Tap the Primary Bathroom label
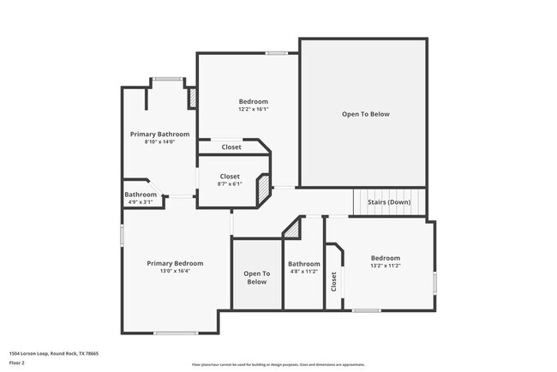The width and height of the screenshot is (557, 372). tap(159, 134)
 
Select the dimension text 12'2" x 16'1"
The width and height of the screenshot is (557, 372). tap(253, 110)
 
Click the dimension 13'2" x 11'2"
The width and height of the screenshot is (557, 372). tap(385, 267)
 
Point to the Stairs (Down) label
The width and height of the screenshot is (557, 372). tap(389, 202)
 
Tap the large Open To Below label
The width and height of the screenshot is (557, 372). tap(365, 114)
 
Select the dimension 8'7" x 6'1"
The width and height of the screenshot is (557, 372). tap(230, 184)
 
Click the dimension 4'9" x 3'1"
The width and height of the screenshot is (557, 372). tap(141, 202)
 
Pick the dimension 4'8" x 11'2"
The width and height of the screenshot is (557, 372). tap(303, 272)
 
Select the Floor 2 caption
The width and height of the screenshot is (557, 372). tap(18, 363)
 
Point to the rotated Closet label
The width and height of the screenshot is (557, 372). tap(334, 280)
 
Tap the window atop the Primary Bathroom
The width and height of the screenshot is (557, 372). tap(168, 80)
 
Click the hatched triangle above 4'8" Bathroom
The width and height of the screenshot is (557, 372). tap(293, 230)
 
